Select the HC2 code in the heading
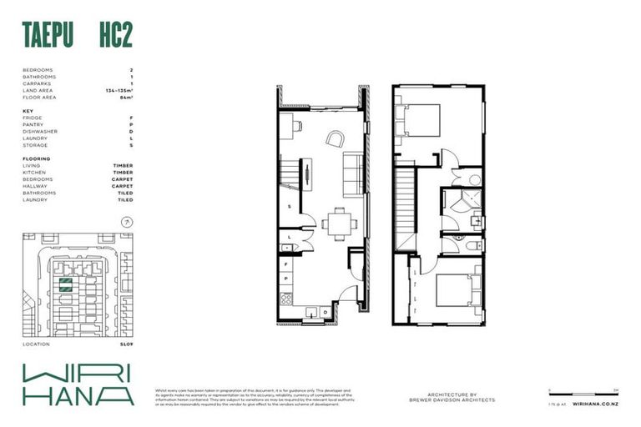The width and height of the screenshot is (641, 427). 114,34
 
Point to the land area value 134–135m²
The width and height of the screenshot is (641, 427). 119,91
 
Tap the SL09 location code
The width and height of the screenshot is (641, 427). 126,344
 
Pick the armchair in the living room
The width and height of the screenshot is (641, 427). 334,138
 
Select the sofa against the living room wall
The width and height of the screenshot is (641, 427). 352,172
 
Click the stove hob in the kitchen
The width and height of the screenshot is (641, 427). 286,298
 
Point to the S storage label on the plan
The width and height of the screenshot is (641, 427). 289,207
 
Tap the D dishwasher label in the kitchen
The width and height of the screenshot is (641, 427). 325,312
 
